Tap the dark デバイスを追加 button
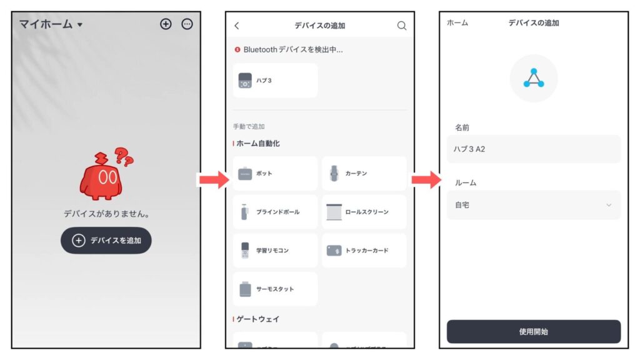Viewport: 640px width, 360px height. pos(106,241)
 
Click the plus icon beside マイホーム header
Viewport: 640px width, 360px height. pos(166,24)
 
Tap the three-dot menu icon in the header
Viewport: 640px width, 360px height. pos(187,24)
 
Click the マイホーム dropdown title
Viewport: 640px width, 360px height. pos(51,24)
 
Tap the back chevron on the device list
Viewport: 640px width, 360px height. pos(237,26)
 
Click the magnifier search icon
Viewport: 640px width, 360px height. pos(402,26)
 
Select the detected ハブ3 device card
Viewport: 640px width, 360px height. pos(275,81)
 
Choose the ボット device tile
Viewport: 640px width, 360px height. pos(275,174)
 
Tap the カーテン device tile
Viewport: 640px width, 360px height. pos(364,174)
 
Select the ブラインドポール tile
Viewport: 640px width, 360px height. pos(275,212)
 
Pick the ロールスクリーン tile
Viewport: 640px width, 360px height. pos(364,212)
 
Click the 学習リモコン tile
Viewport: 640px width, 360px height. pos(275,251)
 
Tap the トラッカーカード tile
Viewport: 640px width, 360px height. pos(364,251)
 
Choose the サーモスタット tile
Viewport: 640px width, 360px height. pos(275,289)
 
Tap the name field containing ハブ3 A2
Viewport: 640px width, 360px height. pos(533,149)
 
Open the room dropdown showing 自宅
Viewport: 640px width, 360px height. pos(533,205)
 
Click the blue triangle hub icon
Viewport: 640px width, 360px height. pos(533,78)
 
